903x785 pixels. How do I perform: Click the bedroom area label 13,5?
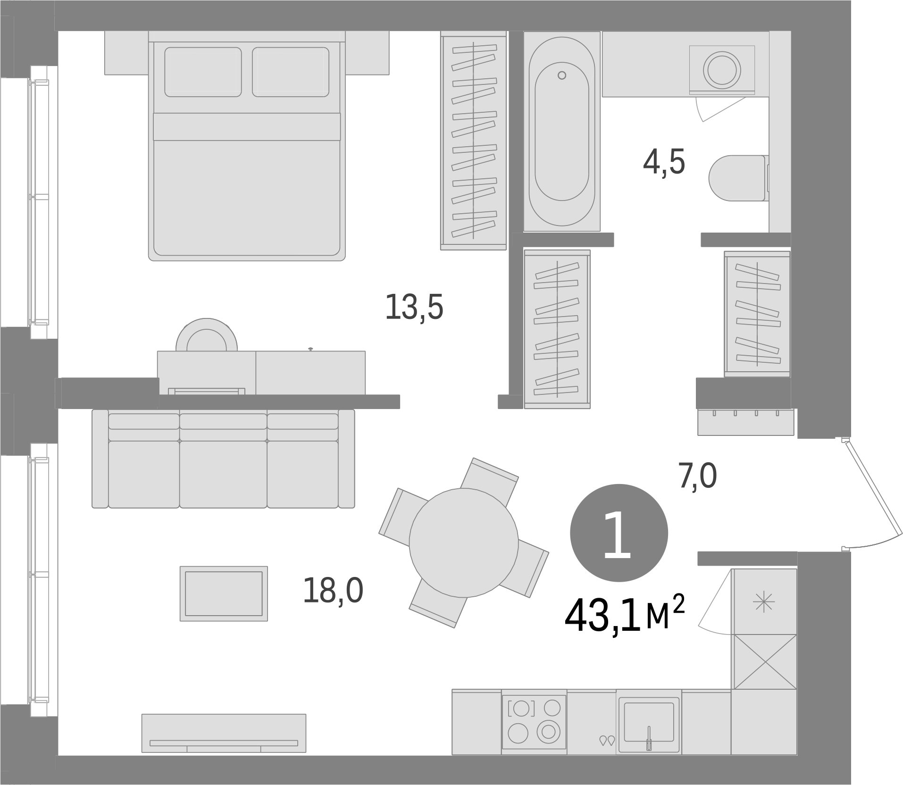coord(414,307)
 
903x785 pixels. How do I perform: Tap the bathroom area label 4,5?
coord(664,162)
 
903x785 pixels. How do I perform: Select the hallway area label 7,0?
coord(697,476)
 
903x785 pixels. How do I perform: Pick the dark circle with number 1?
coord(619,533)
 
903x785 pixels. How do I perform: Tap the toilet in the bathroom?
coord(738,178)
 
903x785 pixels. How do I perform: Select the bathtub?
coord(561,132)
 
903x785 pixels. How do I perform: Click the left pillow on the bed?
coord(203,72)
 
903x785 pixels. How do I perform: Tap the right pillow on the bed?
coord(291,72)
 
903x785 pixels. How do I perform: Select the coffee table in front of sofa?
coord(224,593)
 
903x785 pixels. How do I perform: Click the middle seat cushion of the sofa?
coord(223,474)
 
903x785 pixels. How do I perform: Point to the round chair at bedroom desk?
coord(206,334)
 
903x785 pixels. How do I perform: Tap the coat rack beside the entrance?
coord(745,422)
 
